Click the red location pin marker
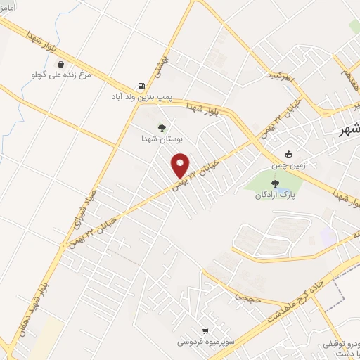point(181,166)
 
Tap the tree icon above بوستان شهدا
point(162,127)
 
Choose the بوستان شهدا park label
point(162,139)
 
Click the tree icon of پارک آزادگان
point(274,184)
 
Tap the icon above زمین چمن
point(288,155)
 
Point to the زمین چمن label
point(288,166)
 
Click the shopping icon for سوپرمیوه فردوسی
point(205,330)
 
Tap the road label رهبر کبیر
point(281,73)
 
